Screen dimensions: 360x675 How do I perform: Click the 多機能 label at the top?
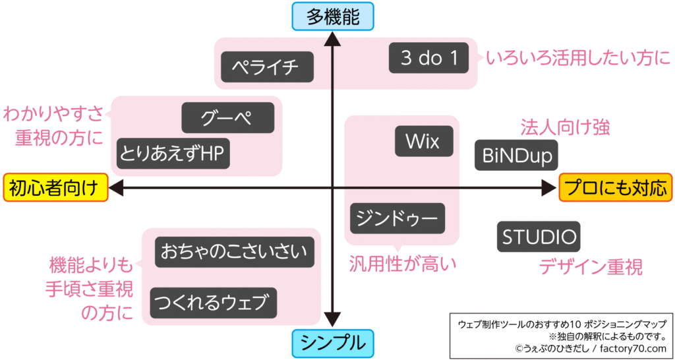pos(333,16)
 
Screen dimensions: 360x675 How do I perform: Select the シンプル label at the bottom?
pos(333,343)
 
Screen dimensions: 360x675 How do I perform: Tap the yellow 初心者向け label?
pos(55,188)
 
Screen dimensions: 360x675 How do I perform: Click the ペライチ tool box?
pos(266,67)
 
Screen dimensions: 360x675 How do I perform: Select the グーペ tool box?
pos(227,118)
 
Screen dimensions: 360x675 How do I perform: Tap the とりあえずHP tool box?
pos(173,153)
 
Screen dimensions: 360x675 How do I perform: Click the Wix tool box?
pos(424,141)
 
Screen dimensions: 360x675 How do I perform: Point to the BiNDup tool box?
pos(517,156)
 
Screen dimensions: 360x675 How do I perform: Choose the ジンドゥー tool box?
pos(397,218)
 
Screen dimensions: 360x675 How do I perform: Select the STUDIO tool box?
pos(539,236)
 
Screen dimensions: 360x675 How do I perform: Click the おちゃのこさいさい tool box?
pos(235,251)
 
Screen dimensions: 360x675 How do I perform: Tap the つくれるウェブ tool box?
pos(213,303)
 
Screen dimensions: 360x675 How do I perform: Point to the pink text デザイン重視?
pos(591,267)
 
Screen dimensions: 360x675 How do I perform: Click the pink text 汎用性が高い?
pos(402,264)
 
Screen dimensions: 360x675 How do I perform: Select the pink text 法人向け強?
pos(565,127)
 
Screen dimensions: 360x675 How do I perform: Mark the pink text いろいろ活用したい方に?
pos(578,59)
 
